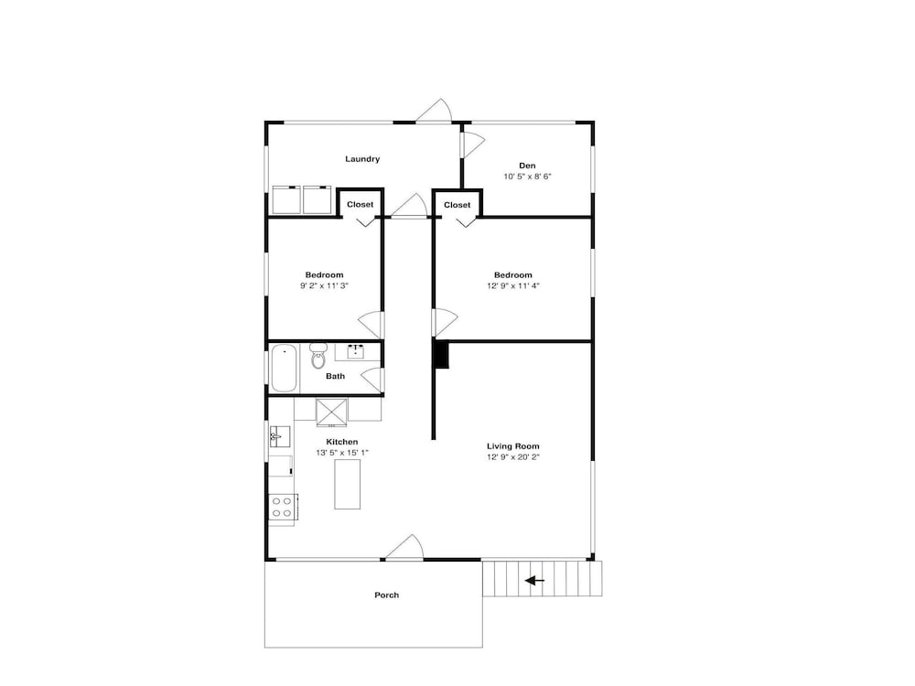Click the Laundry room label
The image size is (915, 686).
point(362,158)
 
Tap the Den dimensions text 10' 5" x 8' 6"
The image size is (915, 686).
point(528,177)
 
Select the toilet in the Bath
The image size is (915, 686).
point(318,356)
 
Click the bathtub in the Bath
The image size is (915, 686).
point(285,368)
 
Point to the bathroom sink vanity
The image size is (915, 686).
point(356,352)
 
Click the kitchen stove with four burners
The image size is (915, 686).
point(283,507)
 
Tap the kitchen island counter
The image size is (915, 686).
point(347,484)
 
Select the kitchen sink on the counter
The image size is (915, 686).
point(280,436)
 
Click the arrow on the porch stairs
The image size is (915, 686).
point(534,581)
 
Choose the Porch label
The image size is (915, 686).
point(387,595)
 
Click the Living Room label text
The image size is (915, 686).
point(513,446)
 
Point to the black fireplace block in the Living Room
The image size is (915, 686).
point(441,355)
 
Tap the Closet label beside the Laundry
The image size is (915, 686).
point(360,204)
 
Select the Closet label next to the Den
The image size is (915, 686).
point(457,205)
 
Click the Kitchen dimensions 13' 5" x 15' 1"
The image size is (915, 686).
point(342,453)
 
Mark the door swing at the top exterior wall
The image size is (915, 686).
point(435,111)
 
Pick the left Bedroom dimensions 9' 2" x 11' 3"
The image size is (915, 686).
point(325,285)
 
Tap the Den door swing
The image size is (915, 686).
point(473,145)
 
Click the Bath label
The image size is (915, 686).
point(336,376)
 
